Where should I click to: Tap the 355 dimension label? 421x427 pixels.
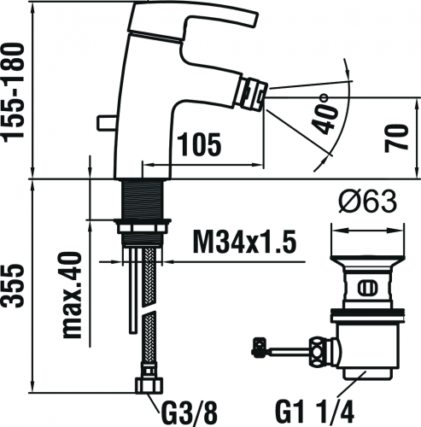13,286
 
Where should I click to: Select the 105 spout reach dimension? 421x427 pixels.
199,144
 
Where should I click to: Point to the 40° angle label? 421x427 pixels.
325,114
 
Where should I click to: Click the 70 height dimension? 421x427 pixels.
396,138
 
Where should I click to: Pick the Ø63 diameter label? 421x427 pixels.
368,202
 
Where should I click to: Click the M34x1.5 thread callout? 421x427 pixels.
245,242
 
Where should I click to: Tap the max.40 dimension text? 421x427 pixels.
72,295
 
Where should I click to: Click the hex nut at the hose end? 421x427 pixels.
149,385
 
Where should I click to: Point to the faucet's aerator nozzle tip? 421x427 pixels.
253,95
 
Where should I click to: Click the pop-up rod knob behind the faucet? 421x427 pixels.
106,123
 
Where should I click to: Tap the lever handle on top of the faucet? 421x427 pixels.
194,19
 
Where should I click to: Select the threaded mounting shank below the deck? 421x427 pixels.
143,199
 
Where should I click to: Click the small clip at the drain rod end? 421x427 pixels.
260,347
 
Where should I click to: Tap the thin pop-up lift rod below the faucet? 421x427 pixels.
133,290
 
